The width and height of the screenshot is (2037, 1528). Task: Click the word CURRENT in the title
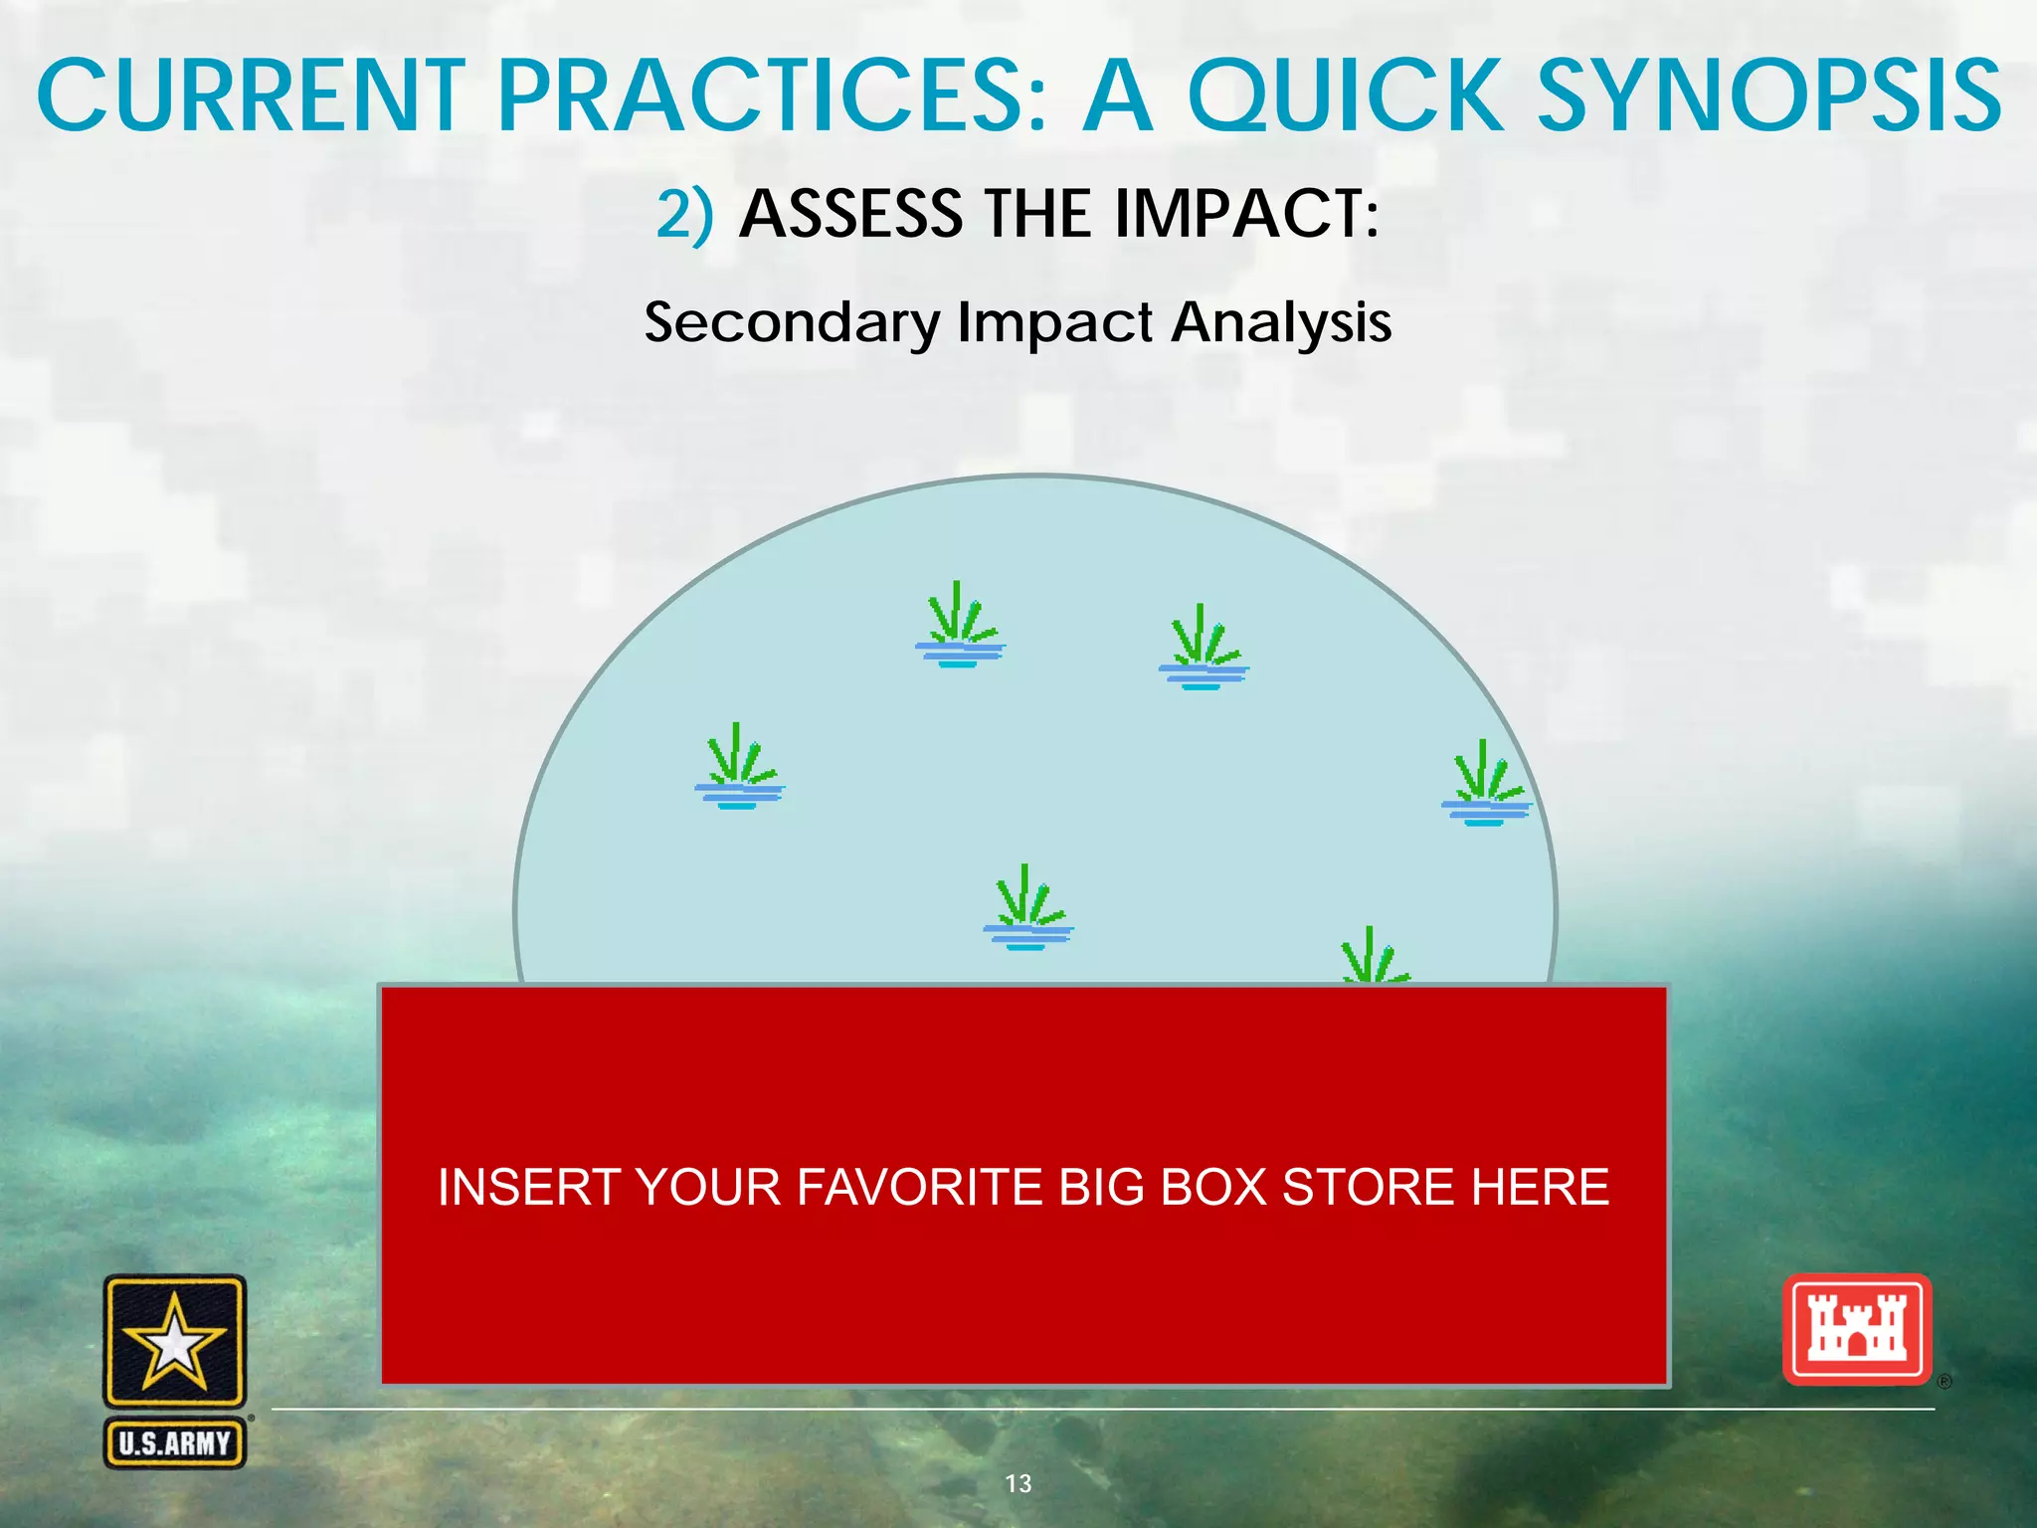[x=251, y=96]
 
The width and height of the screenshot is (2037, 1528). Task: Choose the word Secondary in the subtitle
[x=792, y=323]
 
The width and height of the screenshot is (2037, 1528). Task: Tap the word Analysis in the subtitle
[x=1281, y=323]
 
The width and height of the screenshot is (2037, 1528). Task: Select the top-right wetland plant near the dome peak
[x=1204, y=648]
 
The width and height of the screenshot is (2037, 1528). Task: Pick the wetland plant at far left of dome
[x=739, y=767]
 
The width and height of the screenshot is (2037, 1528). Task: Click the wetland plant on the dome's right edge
[x=1486, y=784]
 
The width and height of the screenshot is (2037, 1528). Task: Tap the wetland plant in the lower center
[x=1027, y=908]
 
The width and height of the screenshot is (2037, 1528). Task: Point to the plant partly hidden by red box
[x=1374, y=957]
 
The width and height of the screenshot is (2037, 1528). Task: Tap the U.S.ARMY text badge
[x=175, y=1442]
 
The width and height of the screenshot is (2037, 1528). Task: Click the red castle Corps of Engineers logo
[x=1856, y=1330]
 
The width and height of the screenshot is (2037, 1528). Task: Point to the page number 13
[x=1018, y=1483]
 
